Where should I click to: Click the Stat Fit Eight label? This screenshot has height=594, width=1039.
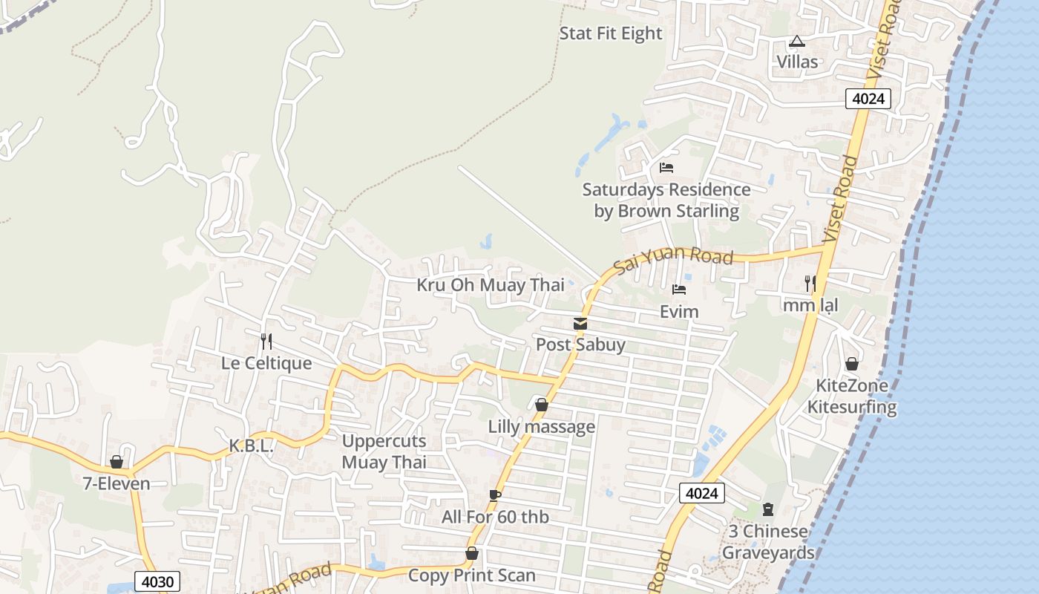tap(610, 33)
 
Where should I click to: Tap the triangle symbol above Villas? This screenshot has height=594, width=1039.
tap(797, 41)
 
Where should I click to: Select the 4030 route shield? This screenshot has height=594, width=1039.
tap(157, 581)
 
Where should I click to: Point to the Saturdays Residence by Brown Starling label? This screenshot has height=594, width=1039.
tap(666, 200)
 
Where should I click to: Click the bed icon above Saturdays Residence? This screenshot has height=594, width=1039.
tap(666, 168)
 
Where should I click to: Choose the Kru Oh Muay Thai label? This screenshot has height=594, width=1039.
tap(491, 285)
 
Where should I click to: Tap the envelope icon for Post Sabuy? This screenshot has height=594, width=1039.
tap(580, 324)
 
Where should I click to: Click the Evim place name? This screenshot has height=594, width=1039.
tap(679, 312)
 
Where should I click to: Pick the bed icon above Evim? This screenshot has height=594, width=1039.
tap(679, 290)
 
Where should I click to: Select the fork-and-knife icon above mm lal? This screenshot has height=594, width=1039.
tap(810, 283)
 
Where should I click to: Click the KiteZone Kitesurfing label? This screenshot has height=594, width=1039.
tap(852, 396)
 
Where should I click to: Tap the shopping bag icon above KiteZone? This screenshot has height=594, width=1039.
tap(852, 364)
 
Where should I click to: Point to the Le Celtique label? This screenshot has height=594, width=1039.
tap(266, 364)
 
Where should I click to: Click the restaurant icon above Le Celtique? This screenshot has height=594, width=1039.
tap(266, 342)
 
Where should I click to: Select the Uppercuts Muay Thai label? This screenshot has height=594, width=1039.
tap(384, 451)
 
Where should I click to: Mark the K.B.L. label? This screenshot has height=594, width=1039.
tap(252, 446)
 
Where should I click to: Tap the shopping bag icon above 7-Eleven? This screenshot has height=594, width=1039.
tap(117, 462)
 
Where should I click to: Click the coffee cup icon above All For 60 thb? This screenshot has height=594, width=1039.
tap(495, 495)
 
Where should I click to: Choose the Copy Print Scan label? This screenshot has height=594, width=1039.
tap(472, 575)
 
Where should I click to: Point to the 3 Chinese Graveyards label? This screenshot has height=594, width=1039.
tap(768, 542)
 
